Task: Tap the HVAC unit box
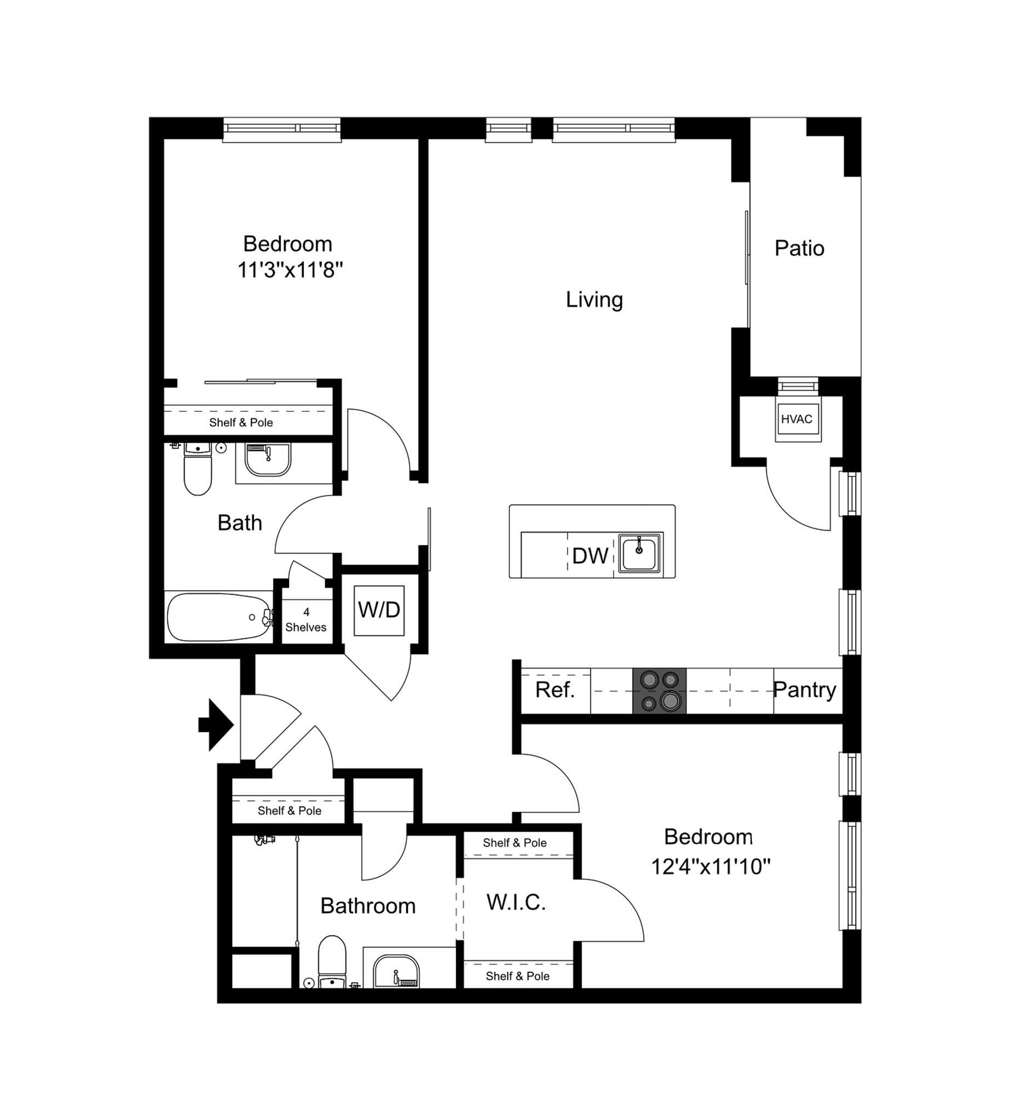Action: (x=797, y=419)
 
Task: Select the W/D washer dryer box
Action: (x=379, y=610)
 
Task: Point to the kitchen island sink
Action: (x=639, y=553)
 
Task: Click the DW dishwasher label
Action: (x=590, y=556)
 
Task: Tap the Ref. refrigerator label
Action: (x=555, y=690)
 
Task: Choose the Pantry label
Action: (x=804, y=690)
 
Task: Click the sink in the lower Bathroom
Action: (x=396, y=973)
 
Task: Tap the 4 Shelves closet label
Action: (x=306, y=620)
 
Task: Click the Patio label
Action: (x=799, y=248)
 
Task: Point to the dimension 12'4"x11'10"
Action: (x=711, y=866)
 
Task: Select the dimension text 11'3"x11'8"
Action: (x=290, y=270)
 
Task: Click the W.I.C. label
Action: (x=516, y=902)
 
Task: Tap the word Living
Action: (x=595, y=300)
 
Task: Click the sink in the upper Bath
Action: (x=268, y=459)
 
